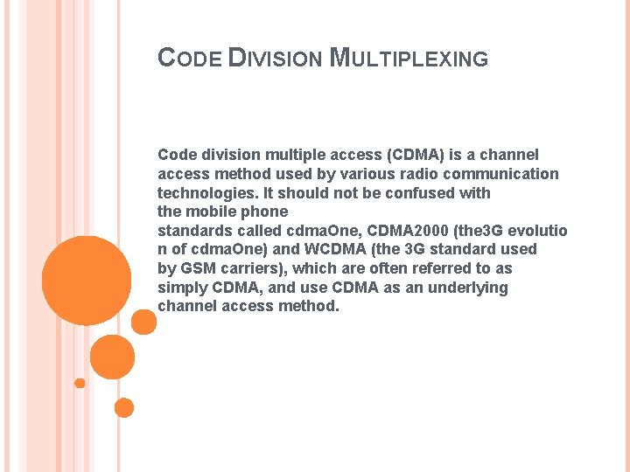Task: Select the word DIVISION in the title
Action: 275,59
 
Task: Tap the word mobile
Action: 207,212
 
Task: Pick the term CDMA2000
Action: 407,231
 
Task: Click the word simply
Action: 181,288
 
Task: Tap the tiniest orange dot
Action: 80,383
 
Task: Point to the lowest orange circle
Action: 124,407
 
